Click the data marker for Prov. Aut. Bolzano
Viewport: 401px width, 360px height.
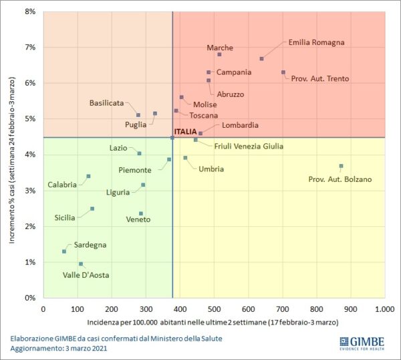point(341,166)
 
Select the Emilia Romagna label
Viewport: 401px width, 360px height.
point(316,42)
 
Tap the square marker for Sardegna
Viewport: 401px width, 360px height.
point(64,252)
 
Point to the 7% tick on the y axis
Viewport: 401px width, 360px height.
point(30,48)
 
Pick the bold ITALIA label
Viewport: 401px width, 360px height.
point(185,132)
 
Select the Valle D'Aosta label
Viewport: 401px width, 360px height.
point(86,275)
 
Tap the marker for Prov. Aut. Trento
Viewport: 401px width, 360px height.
point(283,72)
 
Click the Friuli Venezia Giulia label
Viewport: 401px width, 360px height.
point(249,146)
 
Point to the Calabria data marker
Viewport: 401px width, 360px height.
point(88,177)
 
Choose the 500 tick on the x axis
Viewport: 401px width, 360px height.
point(214,309)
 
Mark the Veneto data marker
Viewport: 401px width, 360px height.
point(141,213)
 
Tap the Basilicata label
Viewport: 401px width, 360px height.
point(106,103)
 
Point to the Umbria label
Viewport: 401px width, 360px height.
point(211,169)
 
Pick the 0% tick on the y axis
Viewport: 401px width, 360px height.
point(30,298)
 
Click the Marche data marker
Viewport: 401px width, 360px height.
point(219,55)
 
